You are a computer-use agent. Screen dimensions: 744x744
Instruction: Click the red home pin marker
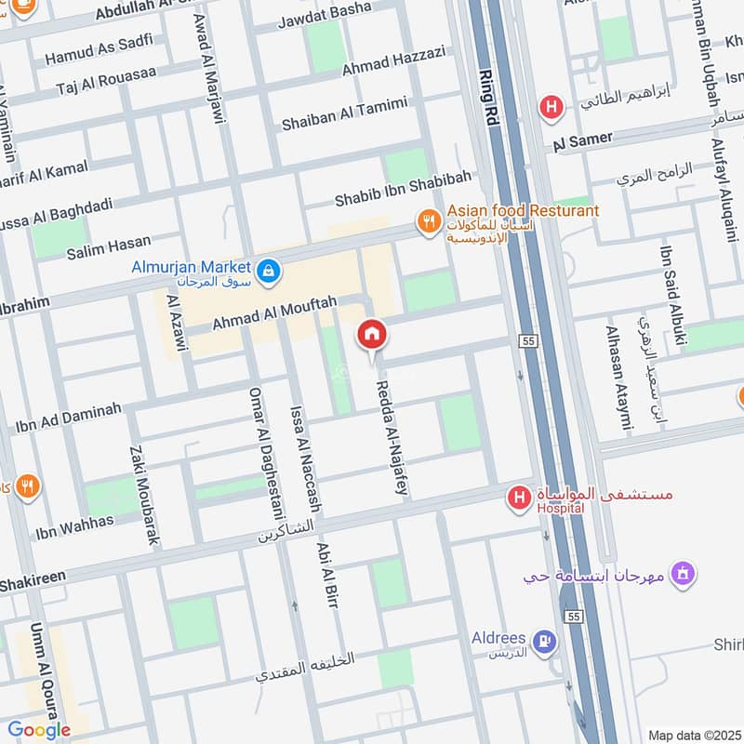click(372, 334)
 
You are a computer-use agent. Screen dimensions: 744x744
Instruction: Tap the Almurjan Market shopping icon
click(268, 271)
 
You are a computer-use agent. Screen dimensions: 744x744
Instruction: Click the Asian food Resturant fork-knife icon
click(428, 221)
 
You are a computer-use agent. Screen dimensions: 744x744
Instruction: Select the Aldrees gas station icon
click(544, 640)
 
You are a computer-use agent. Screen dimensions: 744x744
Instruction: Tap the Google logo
click(40, 730)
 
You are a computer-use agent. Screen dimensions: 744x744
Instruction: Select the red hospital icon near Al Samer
click(552, 108)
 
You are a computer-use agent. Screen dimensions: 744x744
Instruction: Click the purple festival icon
click(683, 574)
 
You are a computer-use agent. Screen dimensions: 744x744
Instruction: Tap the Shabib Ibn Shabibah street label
click(403, 189)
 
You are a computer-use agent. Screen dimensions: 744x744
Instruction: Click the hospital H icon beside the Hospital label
click(518, 499)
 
